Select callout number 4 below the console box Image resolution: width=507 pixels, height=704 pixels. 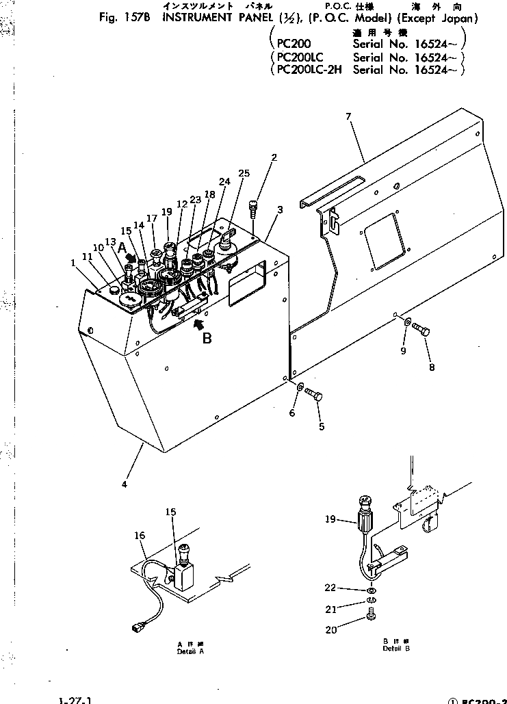pyautogui.click(x=124, y=484)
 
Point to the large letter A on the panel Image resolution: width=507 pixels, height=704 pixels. pyautogui.click(x=121, y=246)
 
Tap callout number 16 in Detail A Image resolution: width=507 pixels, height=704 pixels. pyautogui.click(x=140, y=536)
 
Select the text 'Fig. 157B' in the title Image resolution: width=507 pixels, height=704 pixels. pyautogui.click(x=123, y=18)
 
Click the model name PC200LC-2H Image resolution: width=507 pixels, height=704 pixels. pyautogui.click(x=307, y=69)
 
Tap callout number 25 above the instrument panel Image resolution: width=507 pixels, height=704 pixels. pyautogui.click(x=244, y=172)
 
